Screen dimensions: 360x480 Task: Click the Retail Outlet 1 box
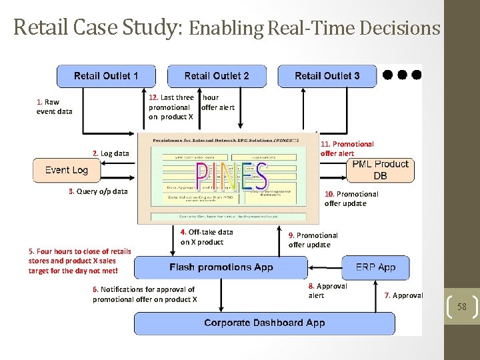click(106, 75)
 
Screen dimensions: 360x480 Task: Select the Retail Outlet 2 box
click(217, 75)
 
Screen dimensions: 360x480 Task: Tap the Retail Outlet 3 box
click(327, 75)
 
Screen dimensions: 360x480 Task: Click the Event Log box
click(67, 170)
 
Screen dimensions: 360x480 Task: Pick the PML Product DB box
click(380, 170)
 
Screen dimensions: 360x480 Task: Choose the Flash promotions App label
click(221, 267)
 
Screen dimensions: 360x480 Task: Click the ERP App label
click(375, 267)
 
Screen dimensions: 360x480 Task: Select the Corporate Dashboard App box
click(265, 323)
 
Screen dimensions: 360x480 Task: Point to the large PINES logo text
click(231, 176)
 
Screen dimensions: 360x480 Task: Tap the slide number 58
click(461, 307)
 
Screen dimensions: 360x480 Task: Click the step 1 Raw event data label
click(54, 107)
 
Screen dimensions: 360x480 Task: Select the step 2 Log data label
click(111, 153)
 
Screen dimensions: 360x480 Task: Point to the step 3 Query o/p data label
click(98, 191)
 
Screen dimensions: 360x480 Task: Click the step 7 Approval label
click(403, 295)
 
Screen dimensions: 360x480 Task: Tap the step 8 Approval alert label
click(327, 291)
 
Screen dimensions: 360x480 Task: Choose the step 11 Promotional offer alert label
click(347, 149)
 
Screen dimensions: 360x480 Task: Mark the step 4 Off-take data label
click(207, 237)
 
